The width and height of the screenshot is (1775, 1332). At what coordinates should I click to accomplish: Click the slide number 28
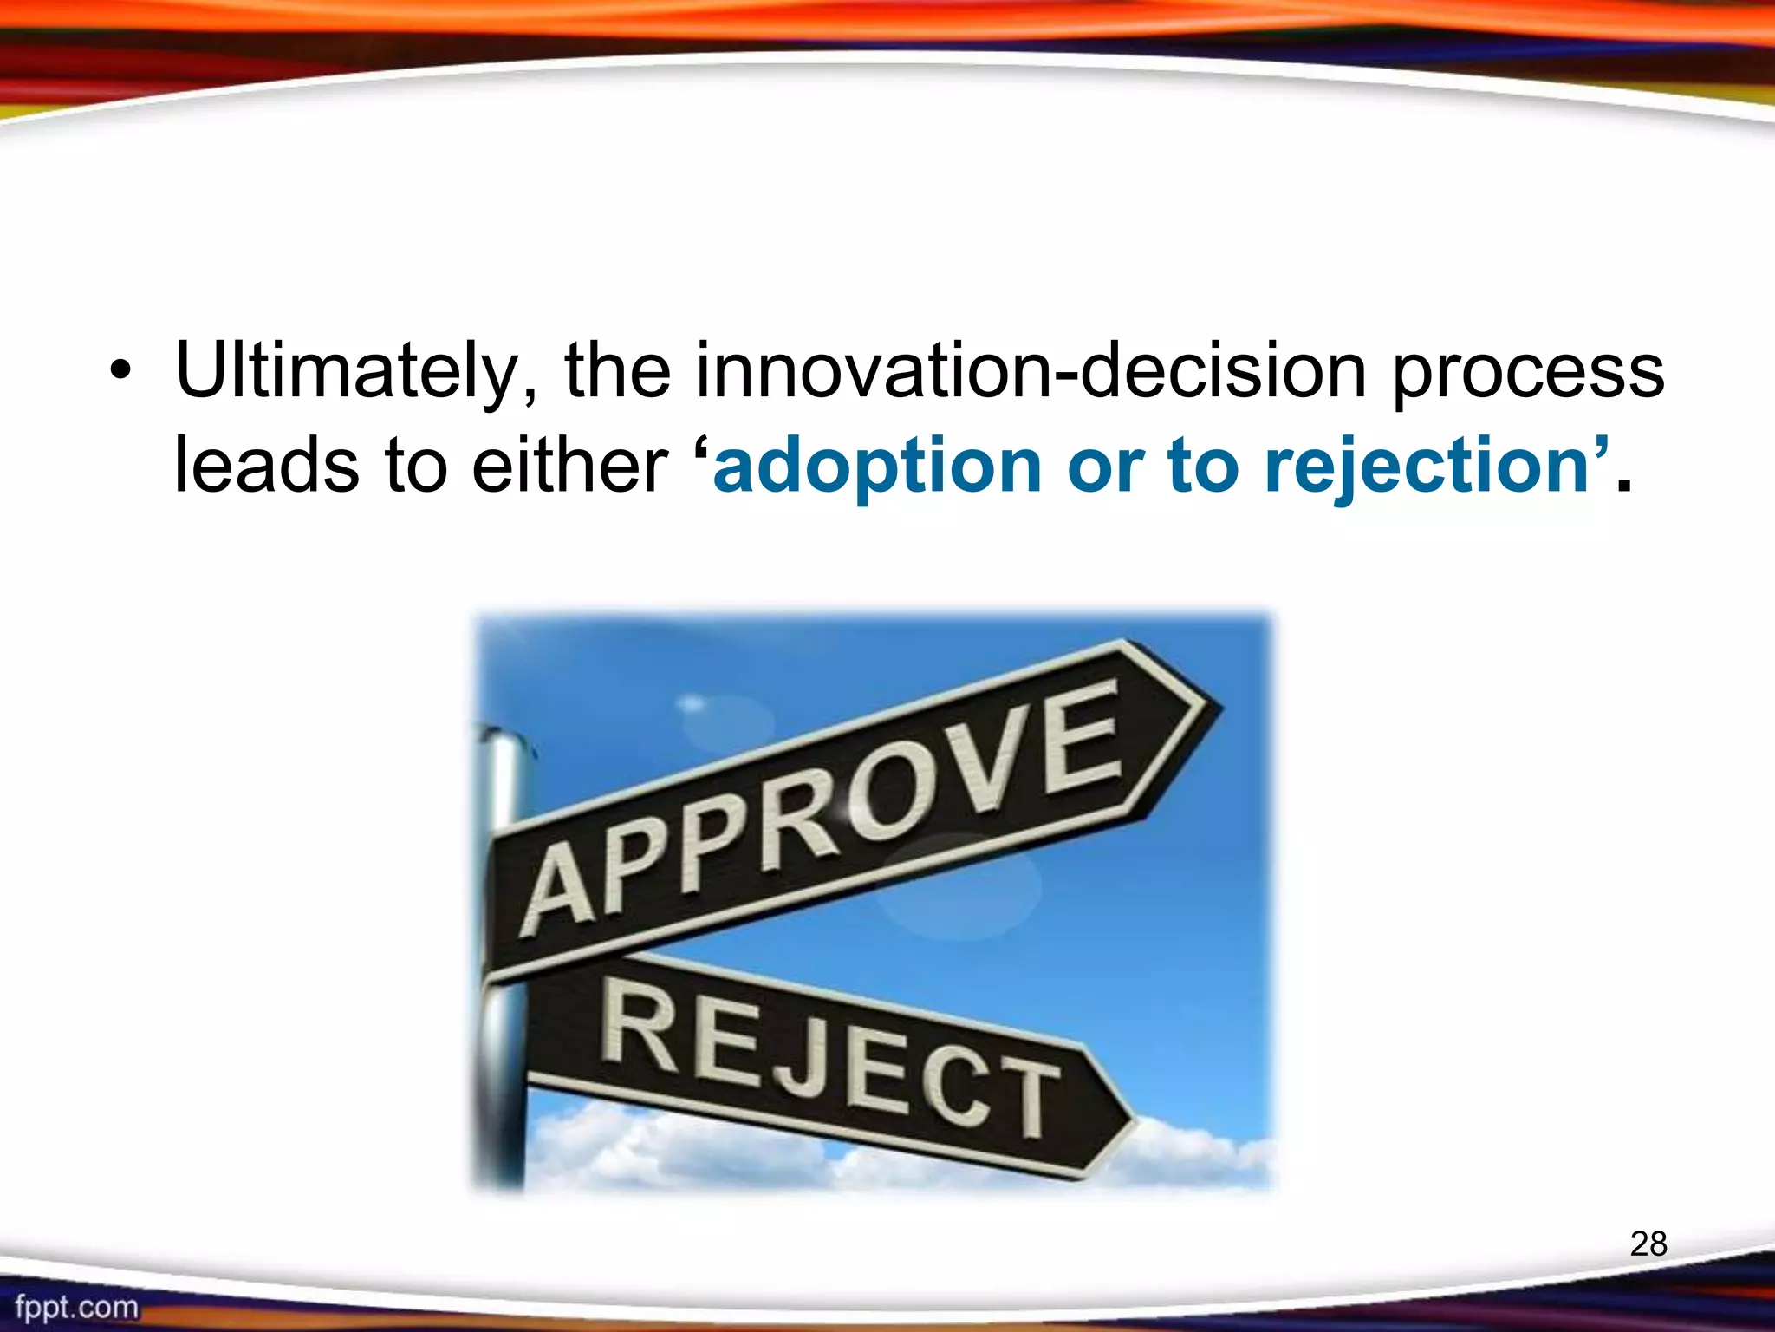click(x=1648, y=1244)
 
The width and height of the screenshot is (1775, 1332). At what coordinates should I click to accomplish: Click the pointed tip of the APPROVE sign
click(x=1218, y=708)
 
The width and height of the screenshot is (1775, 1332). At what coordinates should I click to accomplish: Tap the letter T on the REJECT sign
click(x=1025, y=1096)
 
